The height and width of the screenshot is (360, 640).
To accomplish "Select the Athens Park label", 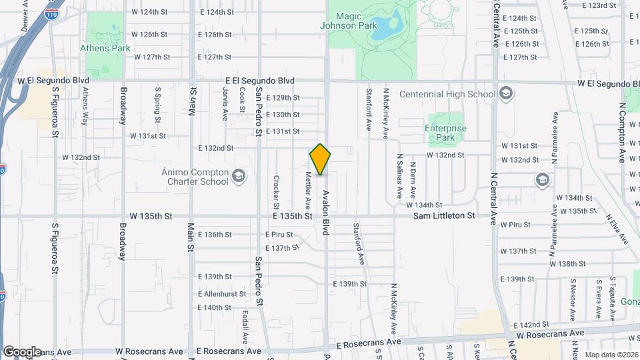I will (105, 48).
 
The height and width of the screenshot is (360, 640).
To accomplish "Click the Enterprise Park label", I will (445, 133).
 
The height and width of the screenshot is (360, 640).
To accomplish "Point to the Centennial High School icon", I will (506, 93).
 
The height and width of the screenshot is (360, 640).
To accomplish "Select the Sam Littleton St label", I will (444, 216).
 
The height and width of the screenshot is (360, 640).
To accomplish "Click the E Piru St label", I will (279, 235).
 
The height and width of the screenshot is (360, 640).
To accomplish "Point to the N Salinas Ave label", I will (399, 178).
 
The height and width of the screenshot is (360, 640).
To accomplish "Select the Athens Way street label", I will (86, 109).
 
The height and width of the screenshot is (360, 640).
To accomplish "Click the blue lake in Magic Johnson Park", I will (386, 27).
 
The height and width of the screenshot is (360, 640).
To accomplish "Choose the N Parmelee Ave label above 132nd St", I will (555, 137).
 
